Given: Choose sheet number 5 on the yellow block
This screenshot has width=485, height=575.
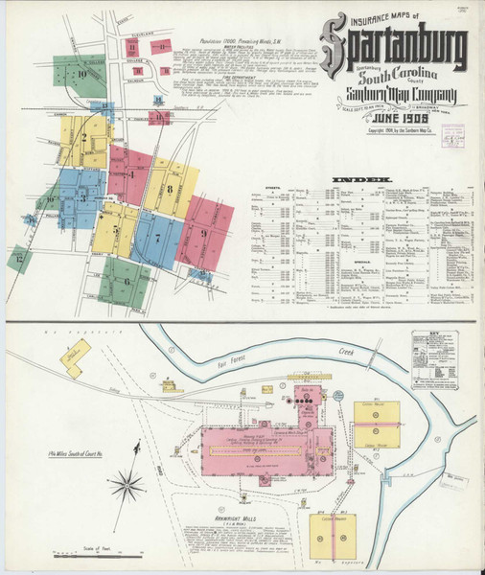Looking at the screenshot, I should click(117, 230).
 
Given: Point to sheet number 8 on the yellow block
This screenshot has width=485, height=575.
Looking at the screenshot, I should click(170, 190).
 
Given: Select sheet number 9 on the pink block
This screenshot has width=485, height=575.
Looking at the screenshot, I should click(203, 232).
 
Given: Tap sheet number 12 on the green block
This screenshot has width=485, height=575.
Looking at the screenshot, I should click(19, 257).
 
